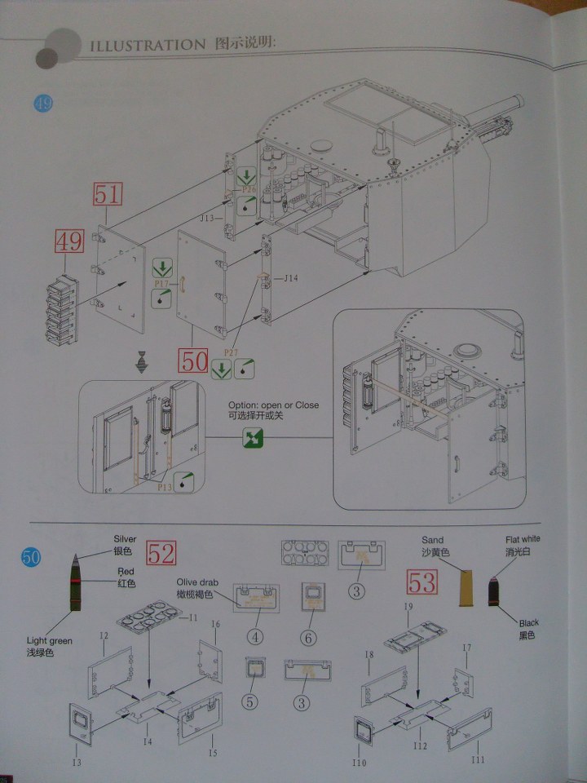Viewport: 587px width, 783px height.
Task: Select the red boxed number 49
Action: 69,242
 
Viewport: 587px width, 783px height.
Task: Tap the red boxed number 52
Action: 161,554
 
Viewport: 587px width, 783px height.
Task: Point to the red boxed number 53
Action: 421,583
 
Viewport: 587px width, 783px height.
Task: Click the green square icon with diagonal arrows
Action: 253,439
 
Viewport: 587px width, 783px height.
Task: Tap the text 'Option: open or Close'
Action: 273,405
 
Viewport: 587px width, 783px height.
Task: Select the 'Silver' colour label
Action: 125,540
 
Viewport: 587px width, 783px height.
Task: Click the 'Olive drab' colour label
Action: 196,582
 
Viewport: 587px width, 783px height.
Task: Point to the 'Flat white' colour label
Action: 522,539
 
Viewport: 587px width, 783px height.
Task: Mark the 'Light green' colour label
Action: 49,642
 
